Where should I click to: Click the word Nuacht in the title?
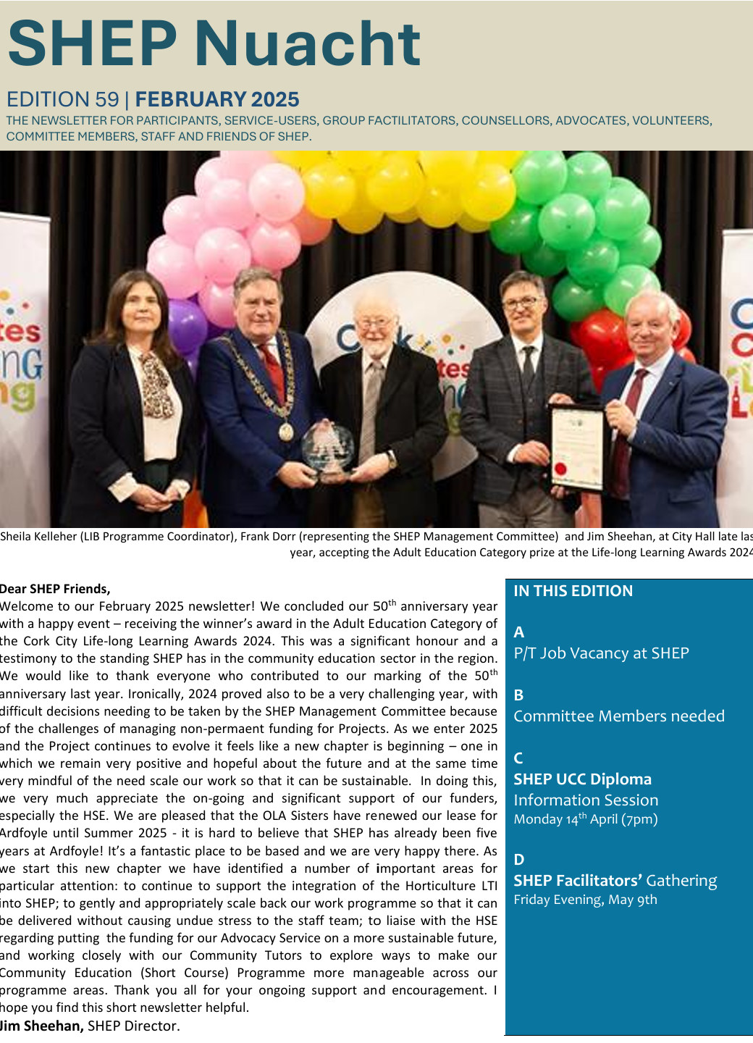tap(307, 43)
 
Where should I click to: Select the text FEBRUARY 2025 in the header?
tap(217, 99)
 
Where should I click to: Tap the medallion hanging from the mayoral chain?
tap(286, 432)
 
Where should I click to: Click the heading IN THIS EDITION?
tap(573, 591)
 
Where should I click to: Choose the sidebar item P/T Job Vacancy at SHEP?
tap(601, 653)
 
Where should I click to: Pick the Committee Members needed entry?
tap(619, 716)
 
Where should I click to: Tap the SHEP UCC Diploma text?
tap(582, 779)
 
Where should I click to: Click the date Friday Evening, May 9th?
tap(585, 900)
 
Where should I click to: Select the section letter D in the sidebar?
tap(518, 860)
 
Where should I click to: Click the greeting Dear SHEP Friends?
tap(56, 589)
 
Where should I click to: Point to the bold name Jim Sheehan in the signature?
tap(42, 1026)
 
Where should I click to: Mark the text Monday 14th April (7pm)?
tap(585, 819)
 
